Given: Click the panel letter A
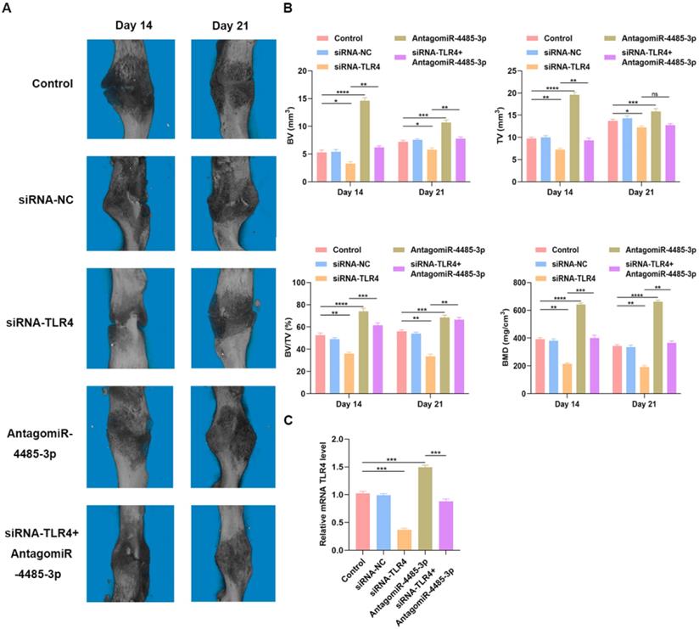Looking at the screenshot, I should tap(8, 8).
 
